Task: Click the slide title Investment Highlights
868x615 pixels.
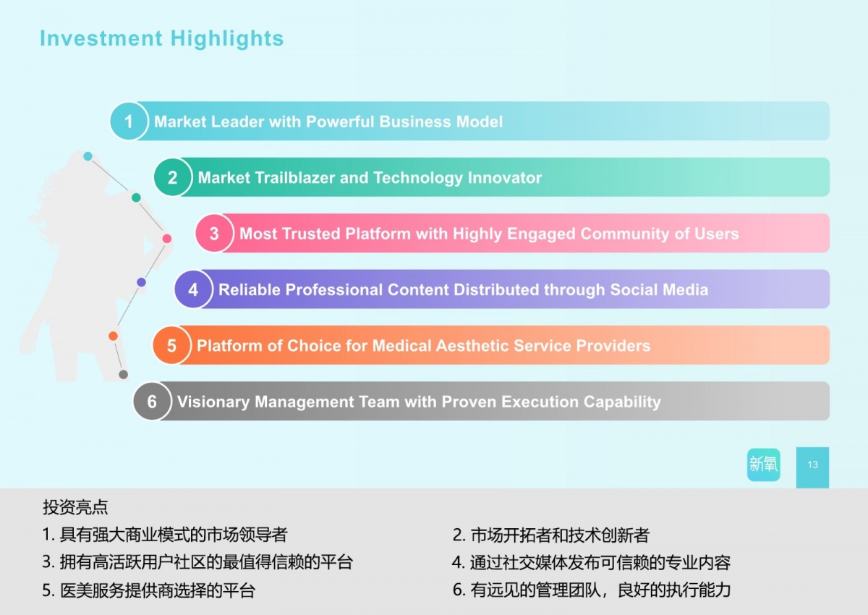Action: pos(161,38)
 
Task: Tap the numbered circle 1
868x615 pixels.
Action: pos(129,122)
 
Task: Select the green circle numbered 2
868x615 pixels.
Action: pos(172,177)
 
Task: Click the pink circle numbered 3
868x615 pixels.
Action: pos(214,234)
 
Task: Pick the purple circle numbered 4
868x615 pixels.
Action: pos(193,290)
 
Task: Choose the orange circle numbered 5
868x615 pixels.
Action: pos(171,346)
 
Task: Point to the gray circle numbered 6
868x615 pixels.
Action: pos(152,402)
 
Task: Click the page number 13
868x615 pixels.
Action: pos(812,465)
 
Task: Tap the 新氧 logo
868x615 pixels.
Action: pos(764,465)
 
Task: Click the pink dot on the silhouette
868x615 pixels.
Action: pos(167,238)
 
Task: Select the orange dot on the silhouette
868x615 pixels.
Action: pos(113,336)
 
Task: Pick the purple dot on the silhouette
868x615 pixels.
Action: pos(141,282)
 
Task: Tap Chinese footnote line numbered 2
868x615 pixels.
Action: pos(551,535)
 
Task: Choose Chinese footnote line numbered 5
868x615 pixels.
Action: pos(148,590)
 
